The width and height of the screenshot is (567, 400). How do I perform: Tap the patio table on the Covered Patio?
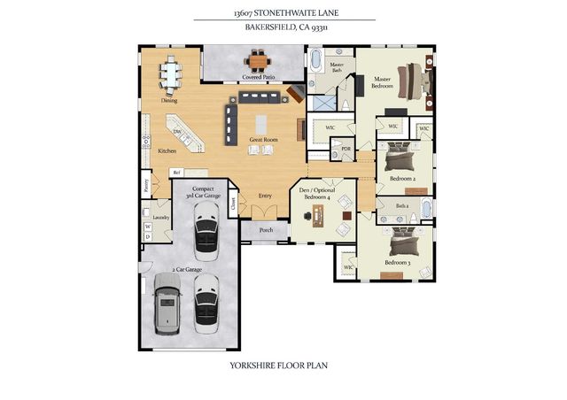click(258, 60)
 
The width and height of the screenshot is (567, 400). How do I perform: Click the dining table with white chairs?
click(170, 74)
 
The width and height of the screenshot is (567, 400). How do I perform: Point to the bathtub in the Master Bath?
click(315, 61)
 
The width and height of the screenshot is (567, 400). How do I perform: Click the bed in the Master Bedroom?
click(414, 81)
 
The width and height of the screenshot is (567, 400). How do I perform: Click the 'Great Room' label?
click(263, 140)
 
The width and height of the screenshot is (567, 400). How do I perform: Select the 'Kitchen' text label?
click(167, 151)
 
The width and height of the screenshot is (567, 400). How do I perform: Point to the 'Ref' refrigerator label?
click(176, 172)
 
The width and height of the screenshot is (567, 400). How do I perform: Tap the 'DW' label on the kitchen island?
click(177, 133)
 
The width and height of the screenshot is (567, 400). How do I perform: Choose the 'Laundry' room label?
click(161, 217)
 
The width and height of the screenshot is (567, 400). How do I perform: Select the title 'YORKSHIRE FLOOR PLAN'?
click(283, 364)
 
